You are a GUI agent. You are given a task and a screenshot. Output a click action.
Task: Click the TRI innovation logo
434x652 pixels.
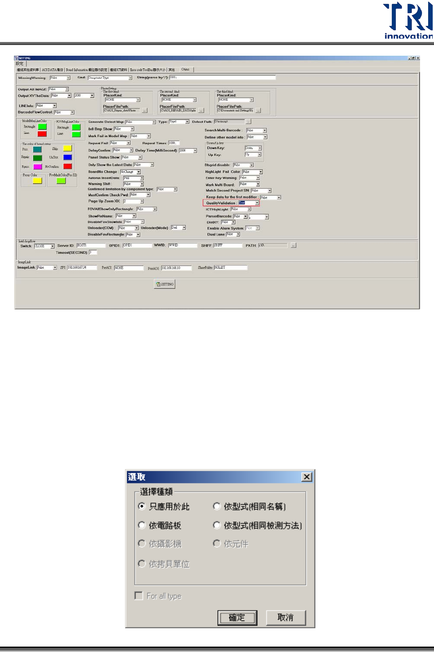point(407,21)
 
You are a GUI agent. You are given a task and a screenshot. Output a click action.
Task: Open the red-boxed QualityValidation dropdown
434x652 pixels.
point(257,203)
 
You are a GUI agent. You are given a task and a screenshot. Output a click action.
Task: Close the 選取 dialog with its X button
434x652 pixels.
point(307,477)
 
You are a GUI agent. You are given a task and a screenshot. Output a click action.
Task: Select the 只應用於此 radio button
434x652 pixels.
point(142,506)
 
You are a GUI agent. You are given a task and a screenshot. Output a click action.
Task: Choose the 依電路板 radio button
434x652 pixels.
point(142,525)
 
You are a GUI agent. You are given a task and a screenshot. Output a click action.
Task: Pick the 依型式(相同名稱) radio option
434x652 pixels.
point(217,506)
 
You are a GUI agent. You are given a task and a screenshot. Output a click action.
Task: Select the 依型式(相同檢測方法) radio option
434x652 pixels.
point(217,525)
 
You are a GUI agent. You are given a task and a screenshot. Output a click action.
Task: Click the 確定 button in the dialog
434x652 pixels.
point(237,617)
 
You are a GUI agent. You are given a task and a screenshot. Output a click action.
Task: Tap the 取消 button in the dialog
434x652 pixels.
point(286,617)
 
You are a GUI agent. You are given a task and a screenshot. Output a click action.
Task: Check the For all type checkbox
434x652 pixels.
point(139,596)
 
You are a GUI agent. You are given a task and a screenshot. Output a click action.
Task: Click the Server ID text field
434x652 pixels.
point(90,245)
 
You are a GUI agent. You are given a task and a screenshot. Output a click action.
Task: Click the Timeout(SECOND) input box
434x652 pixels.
point(93,253)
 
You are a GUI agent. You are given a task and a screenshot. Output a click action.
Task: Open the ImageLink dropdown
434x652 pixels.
point(55,268)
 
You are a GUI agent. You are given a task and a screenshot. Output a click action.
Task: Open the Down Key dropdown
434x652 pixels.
point(260,148)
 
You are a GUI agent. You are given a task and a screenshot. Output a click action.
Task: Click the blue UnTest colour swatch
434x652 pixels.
point(67,157)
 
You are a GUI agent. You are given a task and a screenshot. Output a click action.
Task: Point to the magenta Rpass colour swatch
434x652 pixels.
point(38,167)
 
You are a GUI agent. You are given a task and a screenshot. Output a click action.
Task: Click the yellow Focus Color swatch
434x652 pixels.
point(37,181)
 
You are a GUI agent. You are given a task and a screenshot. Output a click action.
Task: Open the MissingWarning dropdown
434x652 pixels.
point(68,78)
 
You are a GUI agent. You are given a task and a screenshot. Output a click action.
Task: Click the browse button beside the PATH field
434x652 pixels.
point(294,245)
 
